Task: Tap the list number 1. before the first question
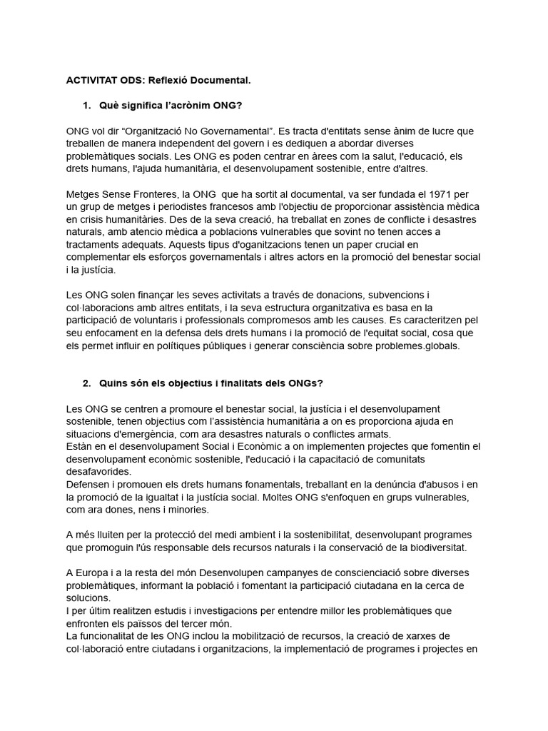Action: (x=86, y=106)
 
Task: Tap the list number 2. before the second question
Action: (x=86, y=383)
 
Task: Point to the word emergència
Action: (x=149, y=434)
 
